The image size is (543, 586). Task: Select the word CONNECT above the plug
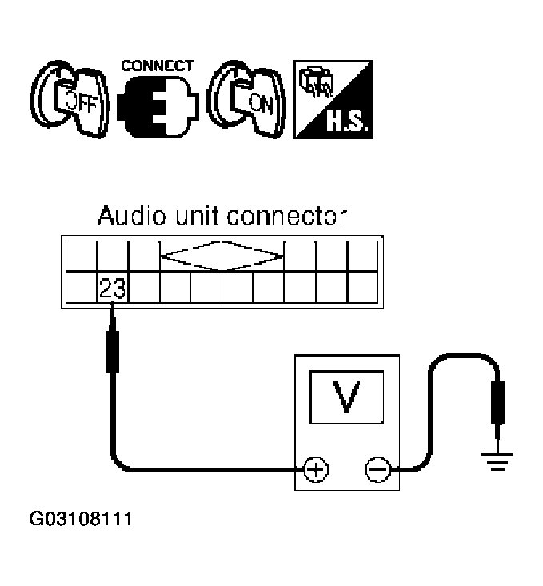coord(157,65)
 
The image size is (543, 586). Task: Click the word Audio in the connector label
coord(126,216)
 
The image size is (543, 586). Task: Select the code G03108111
coord(81,520)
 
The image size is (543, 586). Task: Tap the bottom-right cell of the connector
coord(362,288)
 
